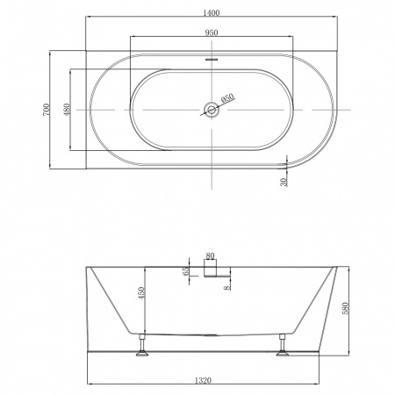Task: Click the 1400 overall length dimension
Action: click(x=212, y=13)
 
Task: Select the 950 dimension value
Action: click(x=212, y=32)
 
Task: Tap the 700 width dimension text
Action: click(x=47, y=110)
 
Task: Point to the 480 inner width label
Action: click(x=67, y=110)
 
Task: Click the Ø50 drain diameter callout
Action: click(x=227, y=98)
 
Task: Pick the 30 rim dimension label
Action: click(x=284, y=183)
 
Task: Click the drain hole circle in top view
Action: click(x=212, y=110)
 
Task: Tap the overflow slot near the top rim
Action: click(x=212, y=59)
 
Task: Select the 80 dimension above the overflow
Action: click(x=210, y=255)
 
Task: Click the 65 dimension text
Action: click(x=185, y=271)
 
